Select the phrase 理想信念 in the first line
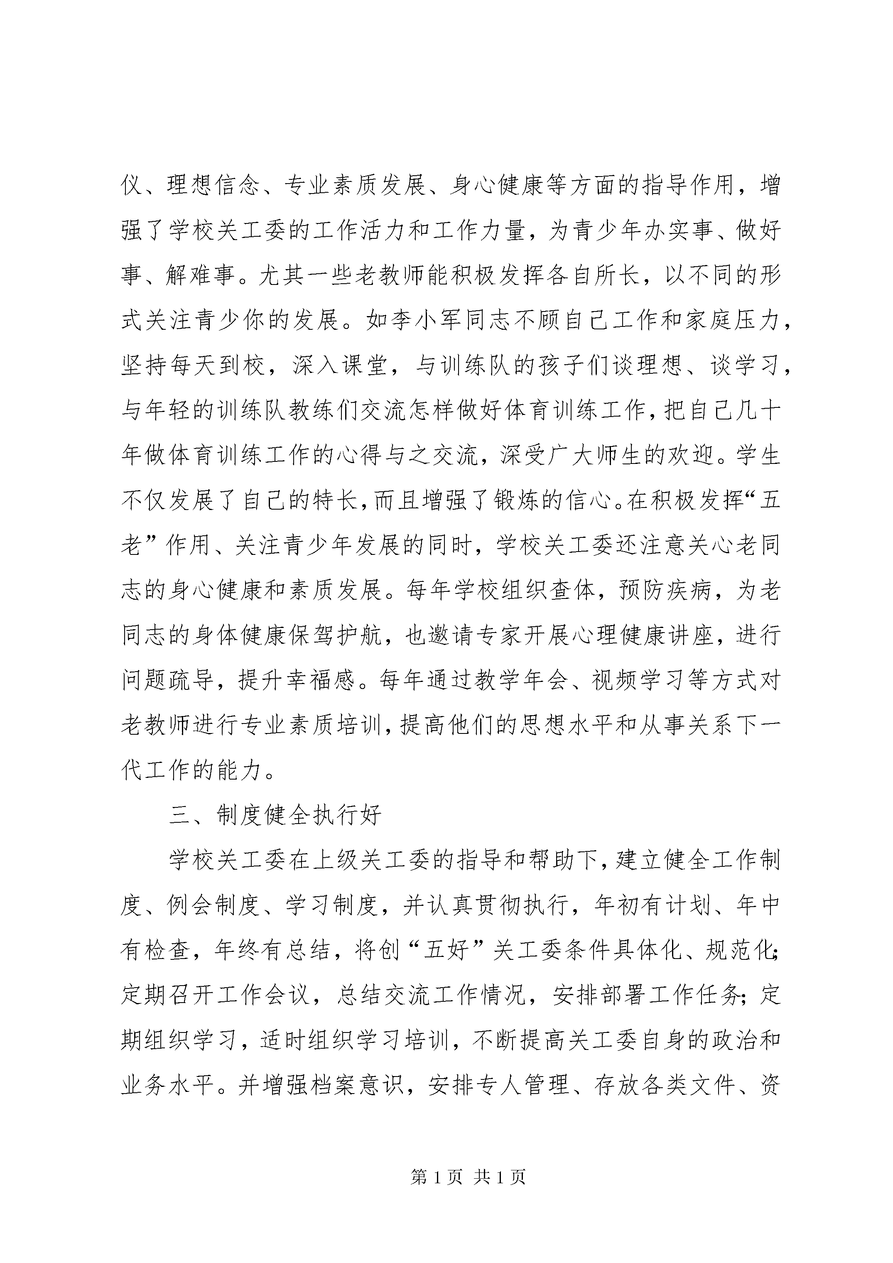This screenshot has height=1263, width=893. pos(213,185)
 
